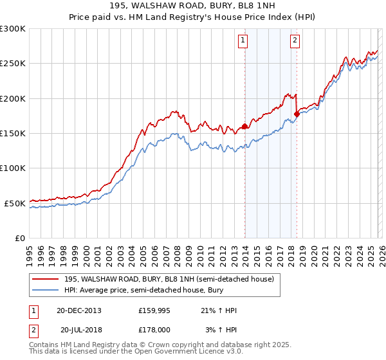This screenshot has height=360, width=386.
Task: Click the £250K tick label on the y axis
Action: click(12, 64)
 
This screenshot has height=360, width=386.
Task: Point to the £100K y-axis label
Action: click(12, 168)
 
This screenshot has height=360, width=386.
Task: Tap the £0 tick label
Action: click(19, 238)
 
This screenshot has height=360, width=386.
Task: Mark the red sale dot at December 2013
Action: click(244, 127)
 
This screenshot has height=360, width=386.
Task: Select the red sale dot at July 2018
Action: click(297, 114)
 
